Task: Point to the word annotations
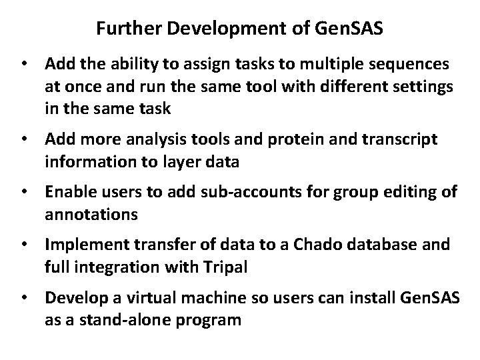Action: (x=92, y=215)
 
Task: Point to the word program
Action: (x=209, y=320)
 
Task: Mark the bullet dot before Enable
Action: (x=26, y=193)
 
